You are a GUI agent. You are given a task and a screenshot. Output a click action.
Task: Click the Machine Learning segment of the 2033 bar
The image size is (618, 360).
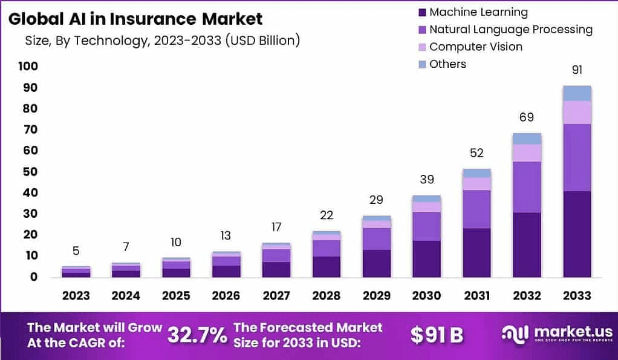click(576, 234)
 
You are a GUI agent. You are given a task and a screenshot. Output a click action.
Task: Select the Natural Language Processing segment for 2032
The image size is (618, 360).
click(527, 187)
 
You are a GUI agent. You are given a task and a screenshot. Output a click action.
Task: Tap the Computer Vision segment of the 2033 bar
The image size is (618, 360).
click(576, 113)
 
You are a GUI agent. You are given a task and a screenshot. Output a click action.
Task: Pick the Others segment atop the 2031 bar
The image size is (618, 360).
click(477, 173)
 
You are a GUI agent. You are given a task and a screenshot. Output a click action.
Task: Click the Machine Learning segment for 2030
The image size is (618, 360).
click(427, 259)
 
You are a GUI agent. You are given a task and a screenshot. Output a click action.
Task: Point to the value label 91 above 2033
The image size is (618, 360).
click(577, 70)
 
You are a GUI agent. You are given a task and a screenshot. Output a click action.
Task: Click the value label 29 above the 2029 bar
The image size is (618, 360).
click(377, 200)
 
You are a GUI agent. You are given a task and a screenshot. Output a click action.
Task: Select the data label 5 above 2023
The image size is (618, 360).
click(76, 250)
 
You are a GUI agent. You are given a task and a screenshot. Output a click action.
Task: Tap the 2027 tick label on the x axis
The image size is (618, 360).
click(276, 295)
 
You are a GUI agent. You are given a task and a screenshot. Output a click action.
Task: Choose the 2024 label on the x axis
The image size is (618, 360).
click(126, 295)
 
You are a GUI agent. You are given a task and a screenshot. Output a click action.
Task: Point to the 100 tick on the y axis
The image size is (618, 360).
click(28, 67)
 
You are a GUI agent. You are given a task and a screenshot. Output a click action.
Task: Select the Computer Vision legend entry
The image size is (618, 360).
click(475, 47)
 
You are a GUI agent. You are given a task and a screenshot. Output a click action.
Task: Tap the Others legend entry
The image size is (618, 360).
click(447, 64)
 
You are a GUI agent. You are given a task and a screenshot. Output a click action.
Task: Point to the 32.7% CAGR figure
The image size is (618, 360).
click(197, 335)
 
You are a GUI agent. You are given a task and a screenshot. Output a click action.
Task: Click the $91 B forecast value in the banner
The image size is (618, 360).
click(437, 335)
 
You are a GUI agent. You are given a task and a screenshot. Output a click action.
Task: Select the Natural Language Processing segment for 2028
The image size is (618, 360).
click(327, 249)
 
